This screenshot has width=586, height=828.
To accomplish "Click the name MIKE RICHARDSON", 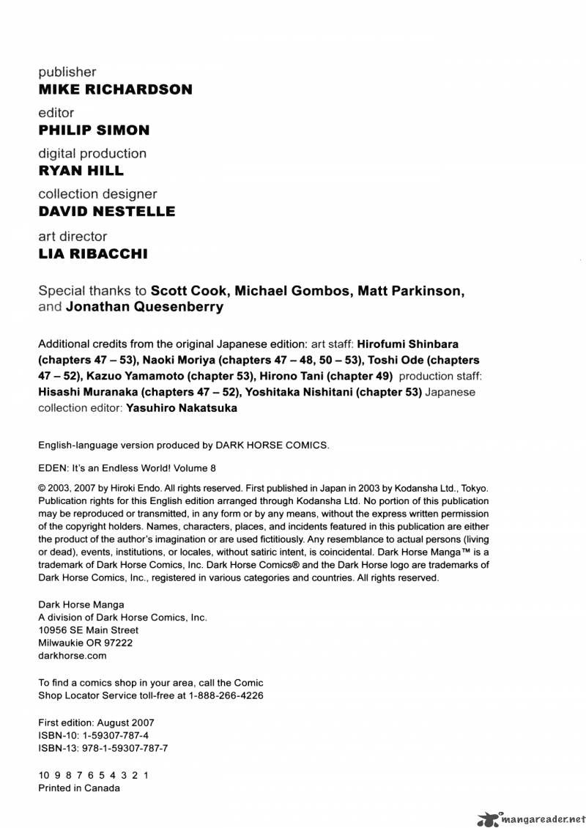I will tap(115, 89).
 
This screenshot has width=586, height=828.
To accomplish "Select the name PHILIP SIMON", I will tap(94, 130).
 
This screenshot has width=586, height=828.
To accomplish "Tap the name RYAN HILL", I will tap(81, 171).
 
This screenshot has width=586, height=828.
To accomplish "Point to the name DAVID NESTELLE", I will tap(106, 211).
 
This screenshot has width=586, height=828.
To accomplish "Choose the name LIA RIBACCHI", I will tap(92, 254).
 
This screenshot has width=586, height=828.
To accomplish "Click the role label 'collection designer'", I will tap(97, 194).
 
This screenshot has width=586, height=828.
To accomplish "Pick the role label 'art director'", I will tap(73, 236).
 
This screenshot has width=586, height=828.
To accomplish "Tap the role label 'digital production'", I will tap(92, 153).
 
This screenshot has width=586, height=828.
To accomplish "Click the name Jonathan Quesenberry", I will tap(144, 307).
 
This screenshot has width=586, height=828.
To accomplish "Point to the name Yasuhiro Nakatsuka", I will tap(181, 408).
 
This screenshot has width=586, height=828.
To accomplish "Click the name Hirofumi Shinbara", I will tap(408, 344).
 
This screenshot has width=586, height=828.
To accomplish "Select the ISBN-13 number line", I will tap(103, 748).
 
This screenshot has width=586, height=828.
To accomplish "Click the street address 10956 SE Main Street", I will tap(88, 629).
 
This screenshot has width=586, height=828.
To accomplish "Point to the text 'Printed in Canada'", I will tap(78, 788).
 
